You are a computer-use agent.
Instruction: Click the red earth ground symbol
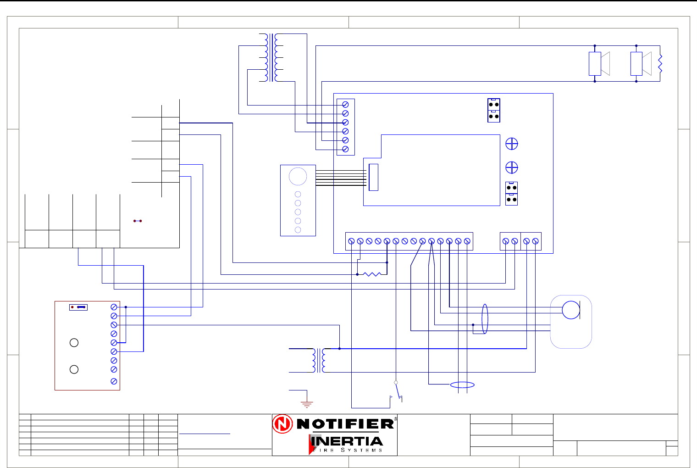(307, 404)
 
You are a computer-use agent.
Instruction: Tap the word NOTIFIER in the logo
(345, 423)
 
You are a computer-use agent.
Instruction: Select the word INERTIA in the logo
(347, 441)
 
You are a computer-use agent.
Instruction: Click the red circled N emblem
(282, 424)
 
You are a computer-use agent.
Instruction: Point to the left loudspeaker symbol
(599, 64)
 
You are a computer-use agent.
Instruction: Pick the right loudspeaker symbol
(641, 64)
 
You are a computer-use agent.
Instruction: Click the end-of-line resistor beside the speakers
(660, 64)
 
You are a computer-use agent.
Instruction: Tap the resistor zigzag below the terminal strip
(372, 274)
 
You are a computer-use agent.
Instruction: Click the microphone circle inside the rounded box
(571, 310)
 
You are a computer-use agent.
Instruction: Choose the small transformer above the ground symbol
(319, 360)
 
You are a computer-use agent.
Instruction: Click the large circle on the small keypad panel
(298, 176)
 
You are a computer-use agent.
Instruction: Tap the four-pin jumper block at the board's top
(494, 110)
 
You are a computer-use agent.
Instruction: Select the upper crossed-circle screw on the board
(511, 144)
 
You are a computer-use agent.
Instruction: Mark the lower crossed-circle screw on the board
(511, 167)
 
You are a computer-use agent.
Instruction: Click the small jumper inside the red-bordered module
(78, 307)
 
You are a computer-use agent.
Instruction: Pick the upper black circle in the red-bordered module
(74, 343)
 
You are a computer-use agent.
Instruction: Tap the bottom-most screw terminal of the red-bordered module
(114, 381)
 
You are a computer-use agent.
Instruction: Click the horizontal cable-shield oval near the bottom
(462, 385)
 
